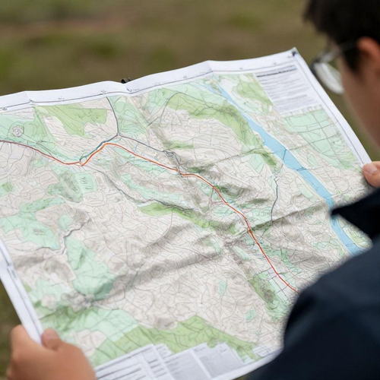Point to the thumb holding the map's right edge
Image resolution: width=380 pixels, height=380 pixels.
coord(372,174)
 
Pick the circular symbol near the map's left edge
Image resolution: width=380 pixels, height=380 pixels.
coord(17,131)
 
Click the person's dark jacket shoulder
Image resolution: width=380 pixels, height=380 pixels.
coord(334,319)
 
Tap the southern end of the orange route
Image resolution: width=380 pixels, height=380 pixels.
coord(295,291)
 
